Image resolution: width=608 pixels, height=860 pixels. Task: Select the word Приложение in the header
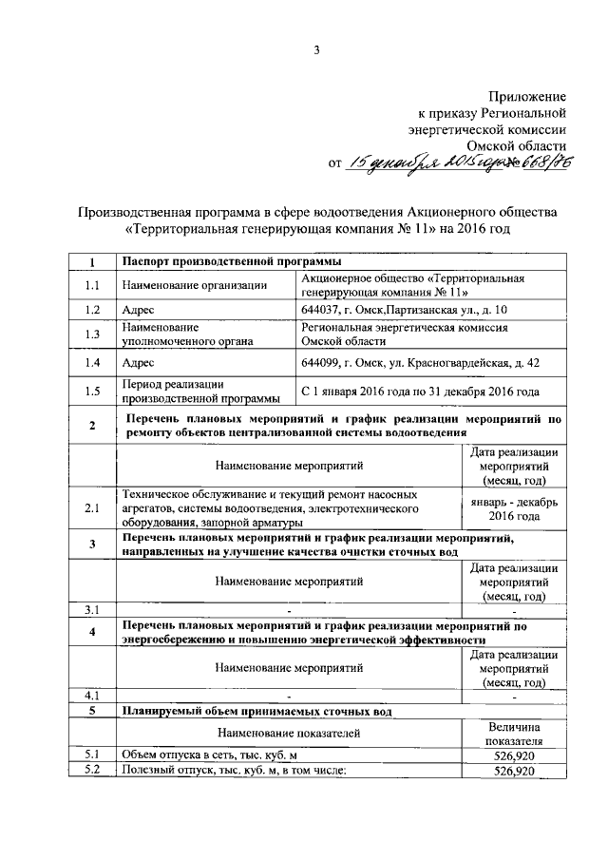pyautogui.click(x=527, y=96)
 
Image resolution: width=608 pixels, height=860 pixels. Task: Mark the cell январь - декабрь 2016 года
pyautogui.click(x=513, y=508)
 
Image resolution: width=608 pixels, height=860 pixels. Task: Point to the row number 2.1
pyautogui.click(x=91, y=508)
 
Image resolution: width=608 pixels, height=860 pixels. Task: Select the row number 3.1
pyautogui.click(x=91, y=609)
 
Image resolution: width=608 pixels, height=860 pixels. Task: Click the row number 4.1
pyautogui.click(x=91, y=696)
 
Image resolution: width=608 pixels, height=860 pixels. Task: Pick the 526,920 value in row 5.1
pyautogui.click(x=513, y=755)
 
